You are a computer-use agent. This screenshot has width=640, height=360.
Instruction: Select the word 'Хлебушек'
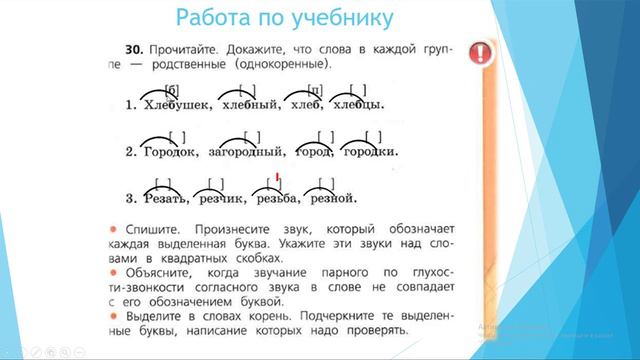[177, 105]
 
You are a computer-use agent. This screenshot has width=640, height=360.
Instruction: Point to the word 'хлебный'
[248, 105]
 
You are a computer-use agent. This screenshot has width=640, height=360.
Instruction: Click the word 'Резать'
[164, 197]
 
